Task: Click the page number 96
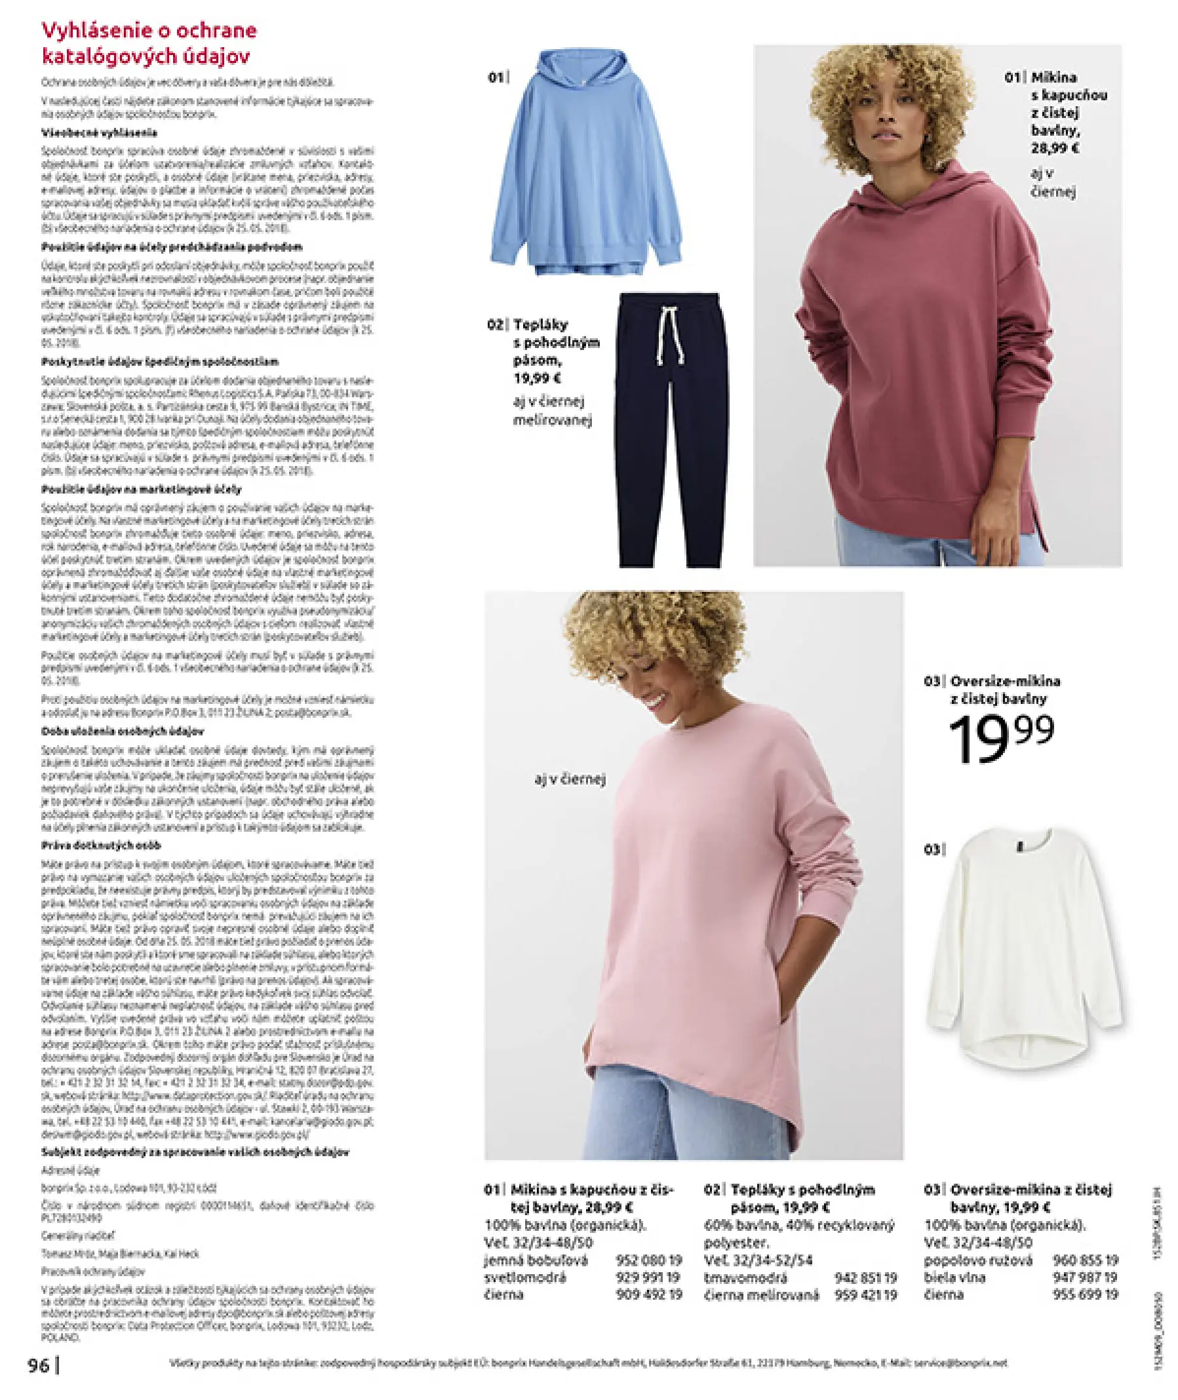click(x=39, y=1365)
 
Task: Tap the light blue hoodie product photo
click(x=585, y=167)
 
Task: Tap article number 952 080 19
click(x=648, y=1260)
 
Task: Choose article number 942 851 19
click(x=865, y=1278)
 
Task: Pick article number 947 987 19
click(x=1084, y=1278)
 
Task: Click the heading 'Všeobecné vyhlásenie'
click(x=99, y=133)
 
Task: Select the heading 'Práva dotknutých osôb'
click(x=101, y=846)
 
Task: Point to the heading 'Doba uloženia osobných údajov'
click(x=122, y=731)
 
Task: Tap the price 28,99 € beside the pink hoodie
click(x=1055, y=148)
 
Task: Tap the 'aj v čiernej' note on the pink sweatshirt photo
click(x=570, y=779)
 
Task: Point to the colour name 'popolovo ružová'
click(x=977, y=1260)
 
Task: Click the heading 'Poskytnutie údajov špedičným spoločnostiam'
click(x=160, y=362)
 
